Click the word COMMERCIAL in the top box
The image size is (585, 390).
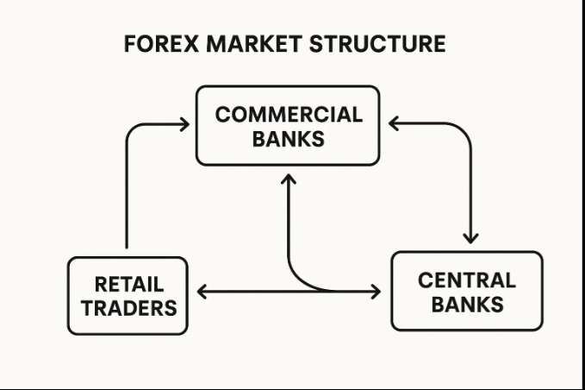tap(288, 115)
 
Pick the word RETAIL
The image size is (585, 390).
tap(128, 284)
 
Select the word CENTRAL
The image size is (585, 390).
tap(466, 280)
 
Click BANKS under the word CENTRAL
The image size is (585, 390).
tap(466, 304)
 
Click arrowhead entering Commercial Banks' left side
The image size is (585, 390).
tap(184, 125)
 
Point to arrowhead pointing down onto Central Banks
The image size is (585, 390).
tap(470, 236)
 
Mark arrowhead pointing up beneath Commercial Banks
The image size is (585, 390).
tap(288, 179)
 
